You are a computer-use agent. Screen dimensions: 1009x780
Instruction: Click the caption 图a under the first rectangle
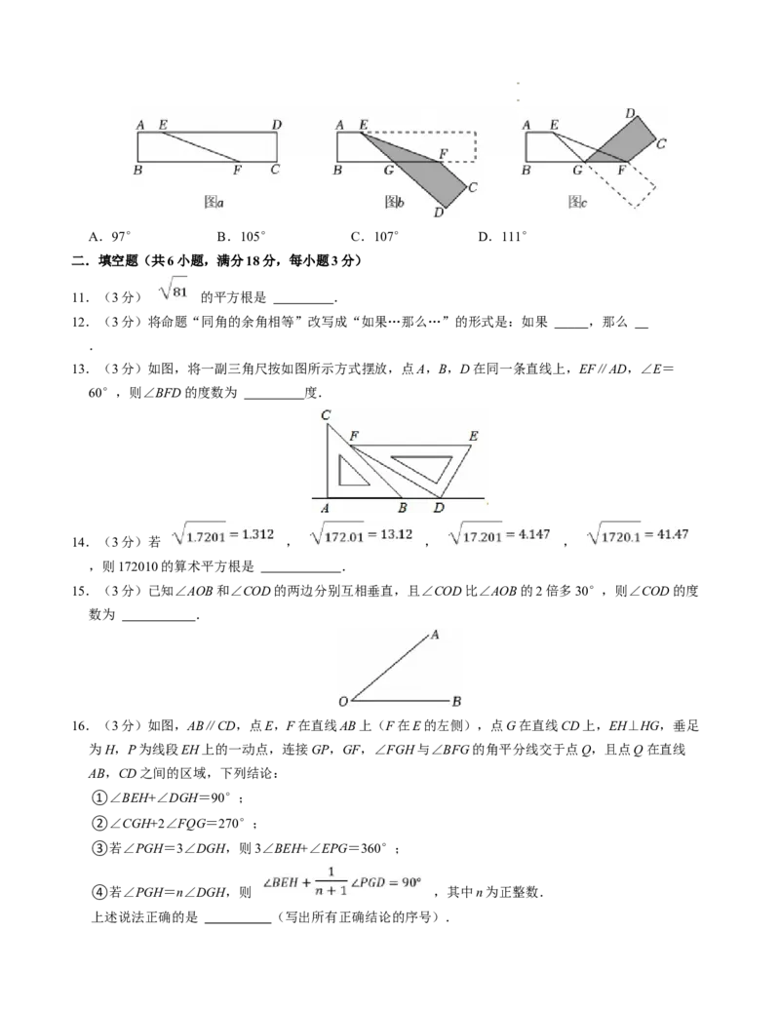(x=214, y=202)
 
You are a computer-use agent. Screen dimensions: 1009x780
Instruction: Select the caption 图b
(x=394, y=202)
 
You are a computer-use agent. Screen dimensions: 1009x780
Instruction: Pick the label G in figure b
(x=388, y=171)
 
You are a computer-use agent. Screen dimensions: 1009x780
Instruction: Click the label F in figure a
(x=237, y=171)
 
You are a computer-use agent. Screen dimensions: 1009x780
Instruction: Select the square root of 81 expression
(x=175, y=290)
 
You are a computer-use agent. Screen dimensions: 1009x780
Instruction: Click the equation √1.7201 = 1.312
(x=226, y=534)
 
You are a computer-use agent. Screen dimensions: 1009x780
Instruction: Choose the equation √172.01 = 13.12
(x=362, y=534)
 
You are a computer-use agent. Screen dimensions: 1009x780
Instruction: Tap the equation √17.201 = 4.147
(x=499, y=534)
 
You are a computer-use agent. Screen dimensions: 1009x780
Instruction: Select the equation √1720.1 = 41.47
(x=639, y=534)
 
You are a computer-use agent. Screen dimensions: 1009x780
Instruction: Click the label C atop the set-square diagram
(x=326, y=415)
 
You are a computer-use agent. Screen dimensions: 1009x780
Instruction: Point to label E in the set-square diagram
(x=473, y=436)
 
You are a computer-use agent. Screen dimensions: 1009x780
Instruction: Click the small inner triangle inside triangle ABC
(x=350, y=470)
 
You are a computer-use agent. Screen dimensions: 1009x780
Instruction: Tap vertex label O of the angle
(x=343, y=702)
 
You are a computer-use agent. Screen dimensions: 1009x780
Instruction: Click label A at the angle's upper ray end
(x=434, y=635)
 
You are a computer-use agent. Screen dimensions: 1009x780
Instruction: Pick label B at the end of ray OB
(x=456, y=702)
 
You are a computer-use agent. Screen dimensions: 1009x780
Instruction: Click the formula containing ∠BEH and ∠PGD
(x=343, y=877)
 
